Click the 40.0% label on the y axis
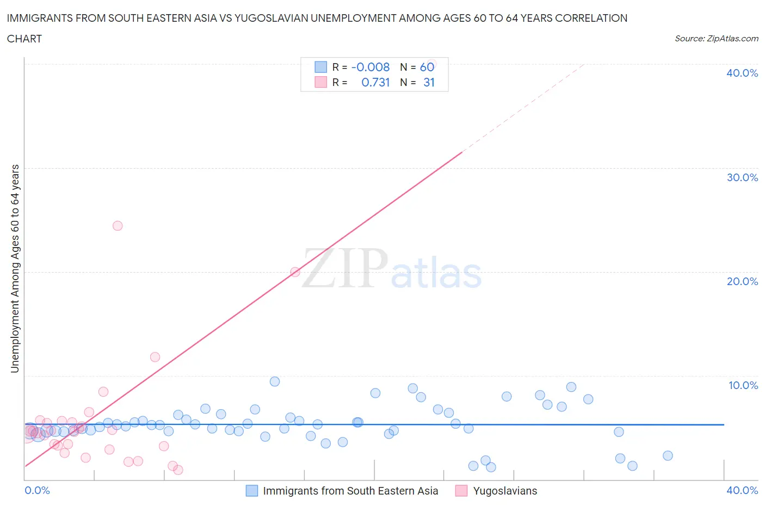742,73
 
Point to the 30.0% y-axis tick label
742,177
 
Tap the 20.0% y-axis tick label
742,281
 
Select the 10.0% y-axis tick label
743,385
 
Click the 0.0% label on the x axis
37,490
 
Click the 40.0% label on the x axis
742,490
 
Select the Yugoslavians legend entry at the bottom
504,491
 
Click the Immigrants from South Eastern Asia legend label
350,491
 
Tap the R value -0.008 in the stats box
371,67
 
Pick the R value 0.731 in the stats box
375,82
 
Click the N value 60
427,67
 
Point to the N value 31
429,82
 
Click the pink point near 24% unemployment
118,226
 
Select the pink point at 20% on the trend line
295,272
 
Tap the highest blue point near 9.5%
275,381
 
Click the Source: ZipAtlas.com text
716,38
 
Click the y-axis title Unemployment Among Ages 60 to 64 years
15,268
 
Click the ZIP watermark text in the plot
344,268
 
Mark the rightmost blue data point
668,455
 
